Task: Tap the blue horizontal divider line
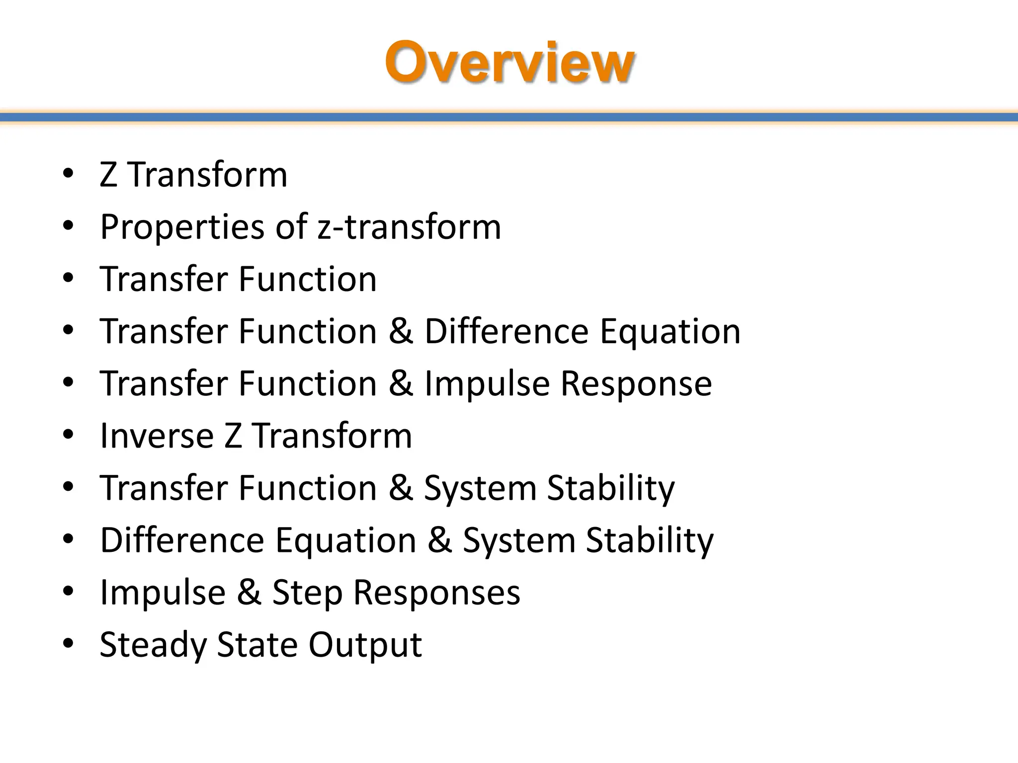pos(509,117)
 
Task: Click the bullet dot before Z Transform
pos(69,174)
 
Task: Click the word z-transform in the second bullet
pos(409,227)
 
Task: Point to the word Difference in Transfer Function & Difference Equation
pos(506,331)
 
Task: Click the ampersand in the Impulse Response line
pos(401,383)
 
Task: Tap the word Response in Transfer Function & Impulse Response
pos(636,383)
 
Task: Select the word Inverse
pos(157,436)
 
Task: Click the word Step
pos(307,593)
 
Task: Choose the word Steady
pos(153,645)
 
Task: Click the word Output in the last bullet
pos(365,645)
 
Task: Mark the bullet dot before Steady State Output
pos(69,644)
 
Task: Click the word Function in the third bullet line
pos(308,279)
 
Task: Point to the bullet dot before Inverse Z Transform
pos(69,436)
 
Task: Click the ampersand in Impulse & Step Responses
pos(249,593)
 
